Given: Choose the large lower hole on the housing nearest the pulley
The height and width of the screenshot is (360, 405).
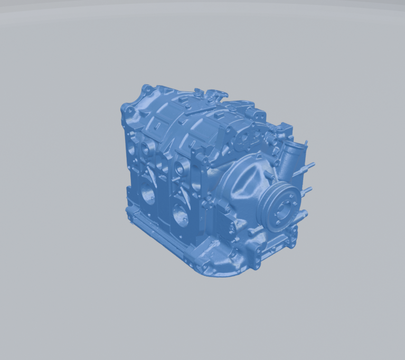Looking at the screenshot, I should [178, 216].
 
